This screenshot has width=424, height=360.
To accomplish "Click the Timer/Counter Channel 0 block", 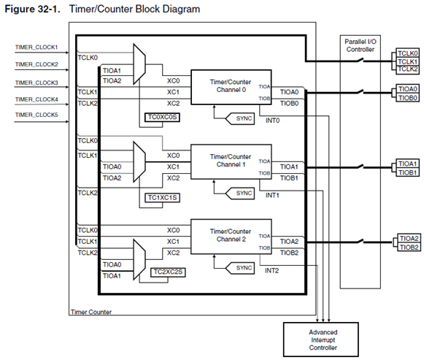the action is (231, 87).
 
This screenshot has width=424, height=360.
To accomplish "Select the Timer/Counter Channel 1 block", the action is (231, 161).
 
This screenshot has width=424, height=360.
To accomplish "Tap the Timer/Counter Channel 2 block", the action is (231, 237).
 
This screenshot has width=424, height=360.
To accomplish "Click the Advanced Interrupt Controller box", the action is (321, 340).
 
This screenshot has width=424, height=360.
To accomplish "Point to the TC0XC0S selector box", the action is (162, 118).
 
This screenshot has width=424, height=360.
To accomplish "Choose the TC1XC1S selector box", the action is (162, 198).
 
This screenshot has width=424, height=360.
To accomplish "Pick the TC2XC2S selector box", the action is (168, 272).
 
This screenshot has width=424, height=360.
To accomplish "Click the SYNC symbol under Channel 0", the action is (240, 118).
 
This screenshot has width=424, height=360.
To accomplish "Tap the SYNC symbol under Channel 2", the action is (240, 268).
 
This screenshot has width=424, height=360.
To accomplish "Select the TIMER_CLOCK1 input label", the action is (36, 47).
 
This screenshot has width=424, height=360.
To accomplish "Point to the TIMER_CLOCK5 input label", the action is (36, 115).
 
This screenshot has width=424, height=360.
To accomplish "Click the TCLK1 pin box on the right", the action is (407, 61).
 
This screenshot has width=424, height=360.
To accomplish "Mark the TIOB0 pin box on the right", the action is (407, 98).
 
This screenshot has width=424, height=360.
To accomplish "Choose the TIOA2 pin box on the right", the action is (409, 238).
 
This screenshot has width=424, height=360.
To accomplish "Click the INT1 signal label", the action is (272, 195).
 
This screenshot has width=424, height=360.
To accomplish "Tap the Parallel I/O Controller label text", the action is (361, 45).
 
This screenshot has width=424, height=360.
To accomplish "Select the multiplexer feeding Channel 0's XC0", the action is (139, 64).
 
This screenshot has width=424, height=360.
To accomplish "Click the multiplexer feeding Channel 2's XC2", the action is (139, 259).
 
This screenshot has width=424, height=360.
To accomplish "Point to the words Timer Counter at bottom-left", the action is (91, 312).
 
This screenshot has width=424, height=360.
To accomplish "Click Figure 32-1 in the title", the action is (32, 9).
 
